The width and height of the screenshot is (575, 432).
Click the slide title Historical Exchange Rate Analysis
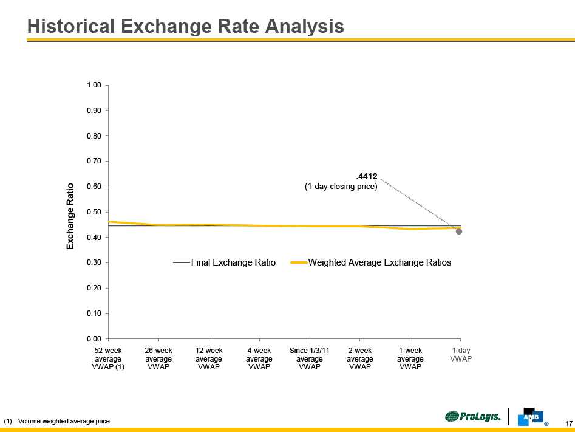[x=186, y=26]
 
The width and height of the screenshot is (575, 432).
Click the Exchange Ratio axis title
[x=70, y=216]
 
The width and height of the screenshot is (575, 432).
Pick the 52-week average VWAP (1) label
[x=108, y=358]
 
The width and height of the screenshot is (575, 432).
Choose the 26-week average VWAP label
[x=158, y=358]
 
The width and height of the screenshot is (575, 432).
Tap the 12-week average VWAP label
[x=209, y=358]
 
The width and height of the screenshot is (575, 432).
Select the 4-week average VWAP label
[x=259, y=358]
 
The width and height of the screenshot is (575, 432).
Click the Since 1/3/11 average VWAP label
[x=310, y=358]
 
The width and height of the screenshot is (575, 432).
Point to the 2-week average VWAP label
[x=360, y=358]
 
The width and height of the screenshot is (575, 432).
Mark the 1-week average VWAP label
[x=410, y=358]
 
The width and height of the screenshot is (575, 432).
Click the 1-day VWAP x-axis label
[x=461, y=355]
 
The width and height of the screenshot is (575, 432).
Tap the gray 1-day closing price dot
[x=459, y=231]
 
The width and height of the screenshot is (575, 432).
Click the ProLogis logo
[x=473, y=417]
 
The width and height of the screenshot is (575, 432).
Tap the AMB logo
[x=530, y=417]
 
